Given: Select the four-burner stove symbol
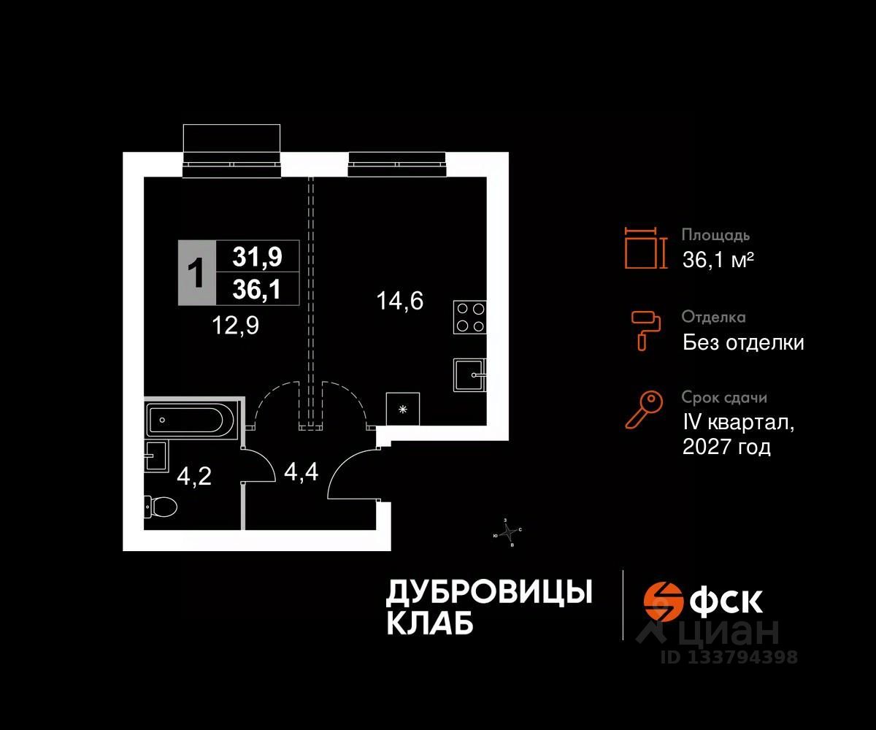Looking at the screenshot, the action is pyautogui.click(x=469, y=317).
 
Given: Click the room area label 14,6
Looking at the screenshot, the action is pyautogui.click(x=400, y=299).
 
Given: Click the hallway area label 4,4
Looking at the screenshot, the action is pyautogui.click(x=300, y=473).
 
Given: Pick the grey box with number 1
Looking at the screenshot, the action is pyautogui.click(x=196, y=272).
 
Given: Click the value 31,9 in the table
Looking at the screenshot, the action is pyautogui.click(x=257, y=256).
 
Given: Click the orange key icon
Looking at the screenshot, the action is pyautogui.click(x=644, y=410).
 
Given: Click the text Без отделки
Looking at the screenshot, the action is pyautogui.click(x=743, y=342).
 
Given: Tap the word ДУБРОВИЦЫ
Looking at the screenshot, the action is pyautogui.click(x=488, y=592).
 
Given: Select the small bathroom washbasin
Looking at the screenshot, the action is pyautogui.click(x=154, y=457).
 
